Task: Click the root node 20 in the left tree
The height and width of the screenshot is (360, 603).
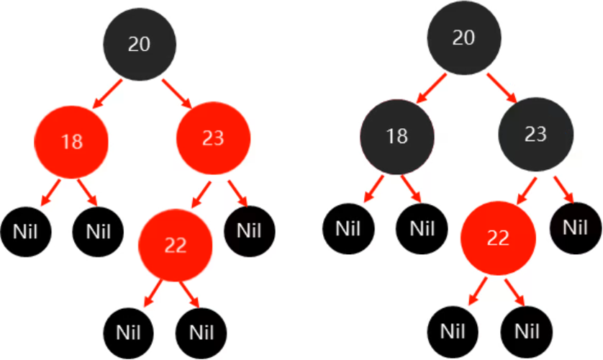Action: coord(139,44)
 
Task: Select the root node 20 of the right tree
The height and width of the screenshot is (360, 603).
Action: coord(463,38)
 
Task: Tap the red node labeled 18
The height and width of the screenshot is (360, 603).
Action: coord(72,141)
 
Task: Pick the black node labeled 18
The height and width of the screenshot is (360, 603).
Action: coord(397,135)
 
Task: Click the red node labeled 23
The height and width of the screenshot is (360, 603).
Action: coord(213,138)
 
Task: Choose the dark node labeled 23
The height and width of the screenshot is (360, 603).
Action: coord(536,134)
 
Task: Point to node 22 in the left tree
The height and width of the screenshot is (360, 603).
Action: coord(175,246)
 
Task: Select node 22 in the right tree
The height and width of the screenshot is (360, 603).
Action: coord(498,238)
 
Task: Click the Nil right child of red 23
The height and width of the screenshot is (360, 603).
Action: coord(248,231)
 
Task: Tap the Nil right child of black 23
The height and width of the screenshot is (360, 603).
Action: coord(573,227)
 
